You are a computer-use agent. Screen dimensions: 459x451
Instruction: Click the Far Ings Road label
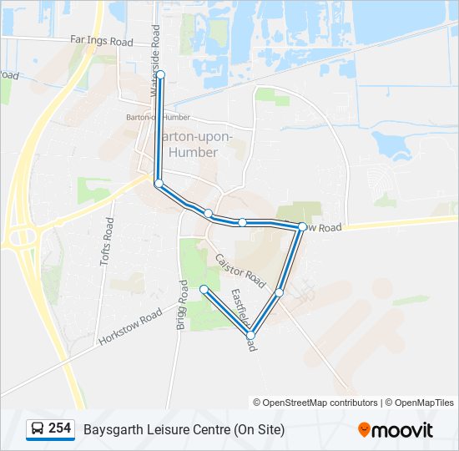[102, 40]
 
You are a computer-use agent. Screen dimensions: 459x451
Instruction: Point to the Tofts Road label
[107, 241]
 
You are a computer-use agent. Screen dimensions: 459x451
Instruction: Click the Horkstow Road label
[129, 327]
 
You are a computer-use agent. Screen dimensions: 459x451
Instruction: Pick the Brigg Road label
[181, 305]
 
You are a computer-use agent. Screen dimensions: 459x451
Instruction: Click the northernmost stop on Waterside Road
[160, 74]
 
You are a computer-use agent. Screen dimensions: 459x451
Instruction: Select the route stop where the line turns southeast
[159, 182]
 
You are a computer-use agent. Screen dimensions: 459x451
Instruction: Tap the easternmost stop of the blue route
[302, 226]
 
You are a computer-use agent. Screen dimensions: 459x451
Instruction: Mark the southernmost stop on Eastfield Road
[250, 335]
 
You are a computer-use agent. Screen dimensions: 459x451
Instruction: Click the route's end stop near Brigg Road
[204, 289]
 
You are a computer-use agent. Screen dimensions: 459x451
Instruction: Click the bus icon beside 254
[38, 428]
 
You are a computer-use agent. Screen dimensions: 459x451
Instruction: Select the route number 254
[59, 428]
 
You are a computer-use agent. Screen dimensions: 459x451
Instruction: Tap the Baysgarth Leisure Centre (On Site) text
[184, 429]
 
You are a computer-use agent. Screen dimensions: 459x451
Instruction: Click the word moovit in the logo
[403, 430]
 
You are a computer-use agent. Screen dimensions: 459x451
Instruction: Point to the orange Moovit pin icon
[364, 430]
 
